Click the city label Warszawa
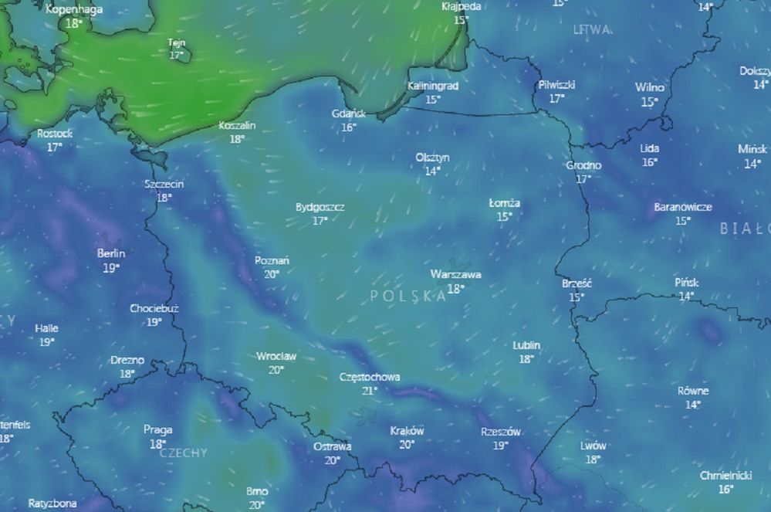click(455, 274)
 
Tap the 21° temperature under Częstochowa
click(370, 391)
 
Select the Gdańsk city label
click(349, 114)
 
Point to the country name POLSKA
click(407, 296)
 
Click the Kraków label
click(407, 431)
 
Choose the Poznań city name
click(272, 260)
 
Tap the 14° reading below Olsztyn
click(432, 171)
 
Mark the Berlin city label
click(111, 253)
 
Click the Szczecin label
click(164, 184)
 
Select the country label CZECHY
click(183, 453)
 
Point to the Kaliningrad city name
click(432, 86)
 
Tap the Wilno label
click(650, 87)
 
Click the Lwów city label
click(593, 446)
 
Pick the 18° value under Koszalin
click(237, 139)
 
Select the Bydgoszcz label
click(320, 207)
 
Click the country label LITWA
click(592, 29)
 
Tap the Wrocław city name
click(276, 357)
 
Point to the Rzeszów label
click(500, 432)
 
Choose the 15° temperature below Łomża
click(505, 217)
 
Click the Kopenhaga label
click(74, 9)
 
